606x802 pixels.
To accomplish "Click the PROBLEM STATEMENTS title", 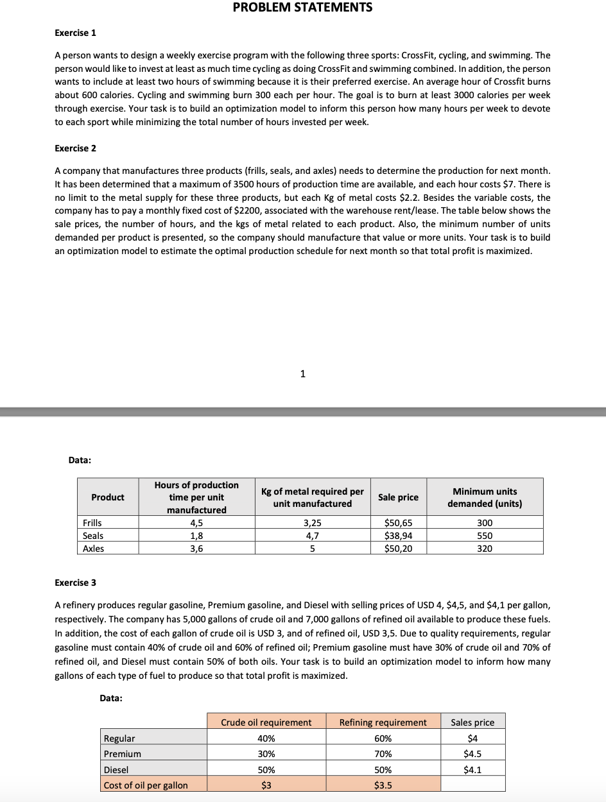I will coord(302,8).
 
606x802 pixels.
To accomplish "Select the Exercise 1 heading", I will coord(76,33).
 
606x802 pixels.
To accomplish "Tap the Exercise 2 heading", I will coord(76,148).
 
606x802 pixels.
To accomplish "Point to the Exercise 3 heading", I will coord(76,583).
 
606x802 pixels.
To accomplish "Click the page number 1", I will coord(303,375).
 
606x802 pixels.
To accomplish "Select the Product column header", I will coord(108,497).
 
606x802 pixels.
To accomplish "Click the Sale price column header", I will coord(398,497).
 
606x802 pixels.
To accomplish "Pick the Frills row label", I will coord(92,523).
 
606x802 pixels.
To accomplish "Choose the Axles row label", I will coord(93,549).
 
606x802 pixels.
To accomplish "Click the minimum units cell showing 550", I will coord(485,536).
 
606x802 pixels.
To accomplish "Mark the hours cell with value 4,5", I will coord(196,523).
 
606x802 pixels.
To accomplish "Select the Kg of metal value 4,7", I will coord(312,536).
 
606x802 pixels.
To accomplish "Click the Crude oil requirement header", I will coord(266,722).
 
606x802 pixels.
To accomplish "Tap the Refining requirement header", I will coord(383,722).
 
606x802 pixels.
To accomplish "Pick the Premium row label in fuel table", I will coord(123,754).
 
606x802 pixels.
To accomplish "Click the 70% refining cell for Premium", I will coord(383,754).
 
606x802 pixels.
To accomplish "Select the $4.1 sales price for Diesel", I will coord(472,770).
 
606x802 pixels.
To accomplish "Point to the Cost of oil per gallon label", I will coord(146,785).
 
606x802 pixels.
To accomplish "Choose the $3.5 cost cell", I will coord(383,785).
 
